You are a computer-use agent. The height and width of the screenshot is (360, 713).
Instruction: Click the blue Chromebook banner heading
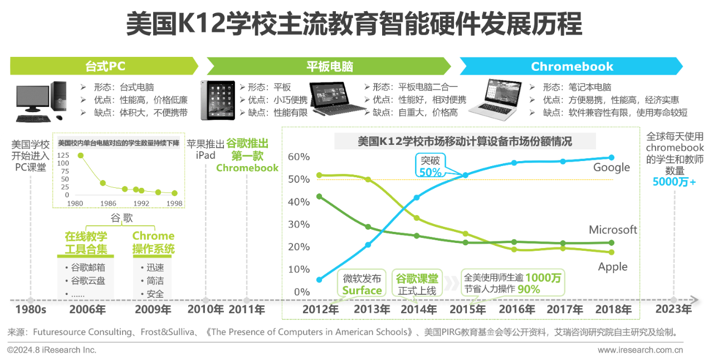point(572,66)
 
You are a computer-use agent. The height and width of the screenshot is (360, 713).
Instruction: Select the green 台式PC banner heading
point(105,66)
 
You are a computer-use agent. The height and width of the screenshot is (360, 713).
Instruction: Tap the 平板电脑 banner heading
point(330,66)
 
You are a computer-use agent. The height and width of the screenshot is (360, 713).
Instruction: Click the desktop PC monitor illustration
point(33,99)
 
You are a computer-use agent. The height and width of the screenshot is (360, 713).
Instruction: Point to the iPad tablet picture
point(218,100)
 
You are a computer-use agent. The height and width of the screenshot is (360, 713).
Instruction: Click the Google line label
point(612,168)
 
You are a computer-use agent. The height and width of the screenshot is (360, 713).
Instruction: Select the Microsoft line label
point(613,230)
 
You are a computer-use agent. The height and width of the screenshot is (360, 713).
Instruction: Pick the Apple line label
point(613,266)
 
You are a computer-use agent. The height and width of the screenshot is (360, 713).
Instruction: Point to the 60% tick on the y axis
point(299,157)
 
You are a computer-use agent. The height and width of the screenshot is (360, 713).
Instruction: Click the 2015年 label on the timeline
point(467,309)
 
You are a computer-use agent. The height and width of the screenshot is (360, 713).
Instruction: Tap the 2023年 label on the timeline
point(673,309)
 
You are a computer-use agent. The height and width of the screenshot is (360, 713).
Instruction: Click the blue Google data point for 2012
point(319,280)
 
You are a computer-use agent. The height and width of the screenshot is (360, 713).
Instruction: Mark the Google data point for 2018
point(612,157)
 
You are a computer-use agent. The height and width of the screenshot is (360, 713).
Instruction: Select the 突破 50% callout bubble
point(431,166)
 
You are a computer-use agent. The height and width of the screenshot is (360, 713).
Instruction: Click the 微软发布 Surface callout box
point(362,283)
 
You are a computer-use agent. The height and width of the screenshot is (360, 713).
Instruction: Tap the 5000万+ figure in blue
point(674,182)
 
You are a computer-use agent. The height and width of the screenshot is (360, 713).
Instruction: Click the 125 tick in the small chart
point(63,155)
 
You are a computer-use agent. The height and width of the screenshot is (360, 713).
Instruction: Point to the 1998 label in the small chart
point(174,203)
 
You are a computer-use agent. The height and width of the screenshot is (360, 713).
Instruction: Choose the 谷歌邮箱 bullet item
point(85,267)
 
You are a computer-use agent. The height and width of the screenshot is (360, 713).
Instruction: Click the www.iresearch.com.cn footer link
point(640,350)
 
